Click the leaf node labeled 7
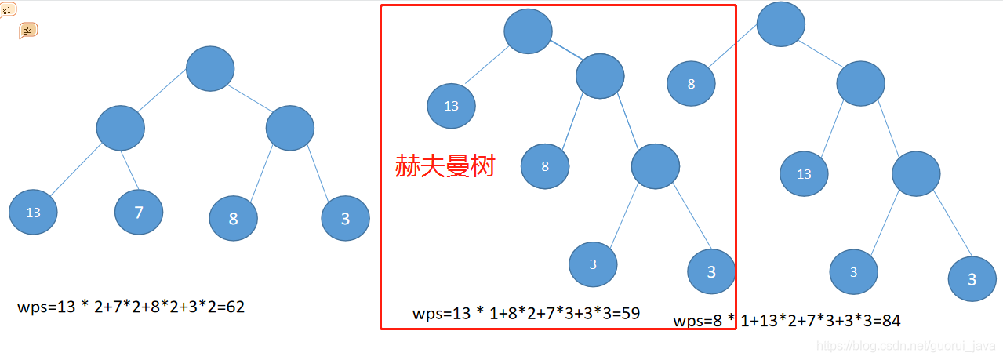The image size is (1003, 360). (139, 212)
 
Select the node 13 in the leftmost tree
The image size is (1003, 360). (33, 213)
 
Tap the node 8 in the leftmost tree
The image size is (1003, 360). (233, 218)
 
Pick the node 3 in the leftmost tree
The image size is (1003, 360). (345, 219)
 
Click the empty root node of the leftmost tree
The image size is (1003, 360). (210, 68)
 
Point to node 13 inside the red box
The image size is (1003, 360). (451, 106)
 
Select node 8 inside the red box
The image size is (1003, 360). (545, 166)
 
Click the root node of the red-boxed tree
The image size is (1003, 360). (528, 31)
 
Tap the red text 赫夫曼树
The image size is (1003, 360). (445, 166)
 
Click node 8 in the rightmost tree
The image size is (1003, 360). (691, 84)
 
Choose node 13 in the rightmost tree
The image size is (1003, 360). (804, 174)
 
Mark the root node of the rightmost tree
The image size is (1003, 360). (781, 24)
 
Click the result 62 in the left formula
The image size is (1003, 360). (235, 307)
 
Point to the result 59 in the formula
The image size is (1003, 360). (630, 314)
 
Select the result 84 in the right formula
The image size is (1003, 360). (890, 320)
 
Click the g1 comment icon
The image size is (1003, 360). (9, 10)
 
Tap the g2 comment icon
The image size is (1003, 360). (28, 31)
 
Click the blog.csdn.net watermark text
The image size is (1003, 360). (905, 346)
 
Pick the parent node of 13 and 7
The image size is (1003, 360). (121, 129)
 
